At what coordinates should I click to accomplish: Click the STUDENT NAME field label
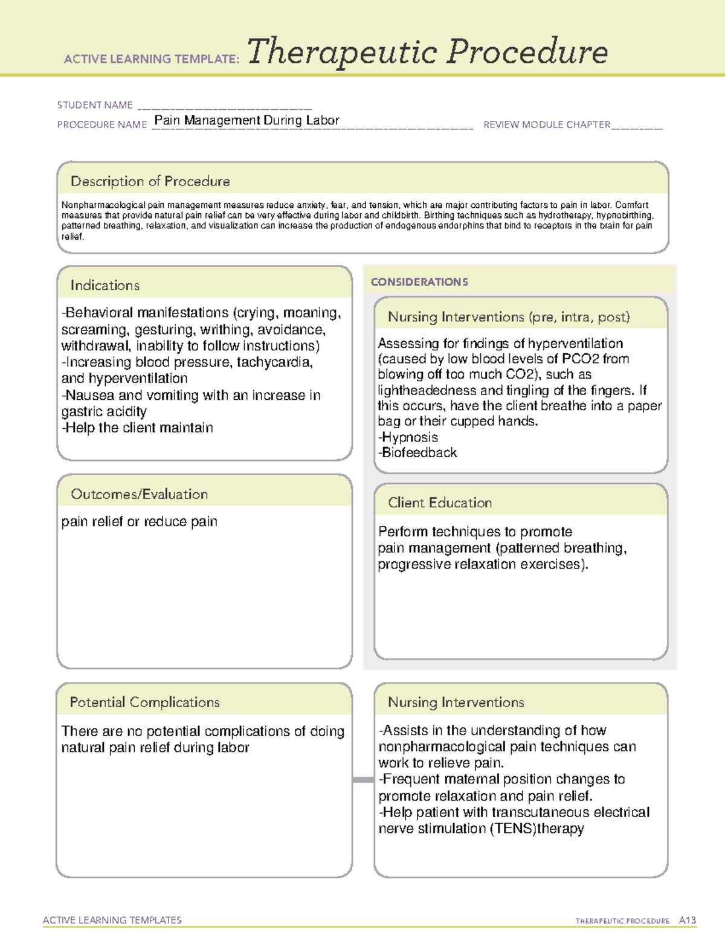(95, 105)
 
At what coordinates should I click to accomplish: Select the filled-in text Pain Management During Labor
(246, 120)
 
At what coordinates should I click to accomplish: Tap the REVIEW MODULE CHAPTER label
(547, 124)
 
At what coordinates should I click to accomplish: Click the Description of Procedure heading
(150, 181)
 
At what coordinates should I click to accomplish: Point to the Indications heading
(105, 285)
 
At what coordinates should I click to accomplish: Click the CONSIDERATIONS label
(419, 282)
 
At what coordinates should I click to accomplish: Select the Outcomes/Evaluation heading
(139, 494)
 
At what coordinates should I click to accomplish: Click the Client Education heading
(439, 503)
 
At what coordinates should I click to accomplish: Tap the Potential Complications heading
(144, 702)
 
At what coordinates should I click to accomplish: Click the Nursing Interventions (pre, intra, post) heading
(508, 317)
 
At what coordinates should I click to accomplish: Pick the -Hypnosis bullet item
(408, 437)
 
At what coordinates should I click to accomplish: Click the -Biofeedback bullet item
(417, 452)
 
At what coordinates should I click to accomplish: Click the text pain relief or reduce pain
(139, 521)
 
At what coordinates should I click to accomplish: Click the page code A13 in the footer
(687, 920)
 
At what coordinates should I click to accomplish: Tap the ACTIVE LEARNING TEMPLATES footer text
(112, 920)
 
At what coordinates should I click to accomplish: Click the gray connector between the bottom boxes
(362, 780)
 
